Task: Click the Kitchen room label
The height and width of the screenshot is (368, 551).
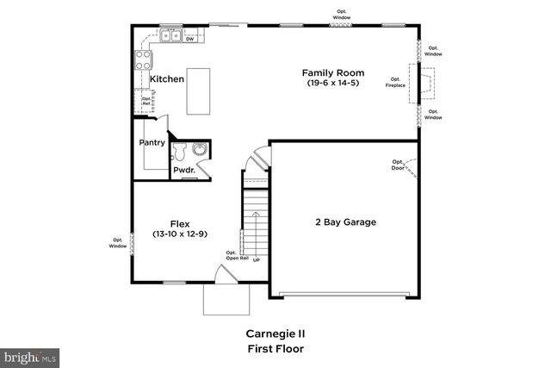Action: pos(167,79)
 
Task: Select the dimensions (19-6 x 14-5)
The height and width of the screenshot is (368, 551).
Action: pos(335,83)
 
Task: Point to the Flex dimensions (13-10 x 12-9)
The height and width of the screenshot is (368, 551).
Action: pos(179,234)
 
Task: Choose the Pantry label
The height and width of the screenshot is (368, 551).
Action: pos(152,143)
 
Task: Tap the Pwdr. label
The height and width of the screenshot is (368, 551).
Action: pos(184,171)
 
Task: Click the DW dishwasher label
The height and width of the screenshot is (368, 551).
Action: pos(189,39)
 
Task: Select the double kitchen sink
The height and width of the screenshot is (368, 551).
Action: pos(169,36)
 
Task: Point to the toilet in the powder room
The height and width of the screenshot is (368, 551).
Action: pos(180,152)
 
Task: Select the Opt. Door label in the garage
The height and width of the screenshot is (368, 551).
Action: pos(399,165)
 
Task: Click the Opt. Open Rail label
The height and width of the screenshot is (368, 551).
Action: pos(238,255)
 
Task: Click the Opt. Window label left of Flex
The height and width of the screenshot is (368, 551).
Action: pos(117,244)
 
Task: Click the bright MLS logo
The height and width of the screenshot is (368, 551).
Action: pos(30,355)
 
